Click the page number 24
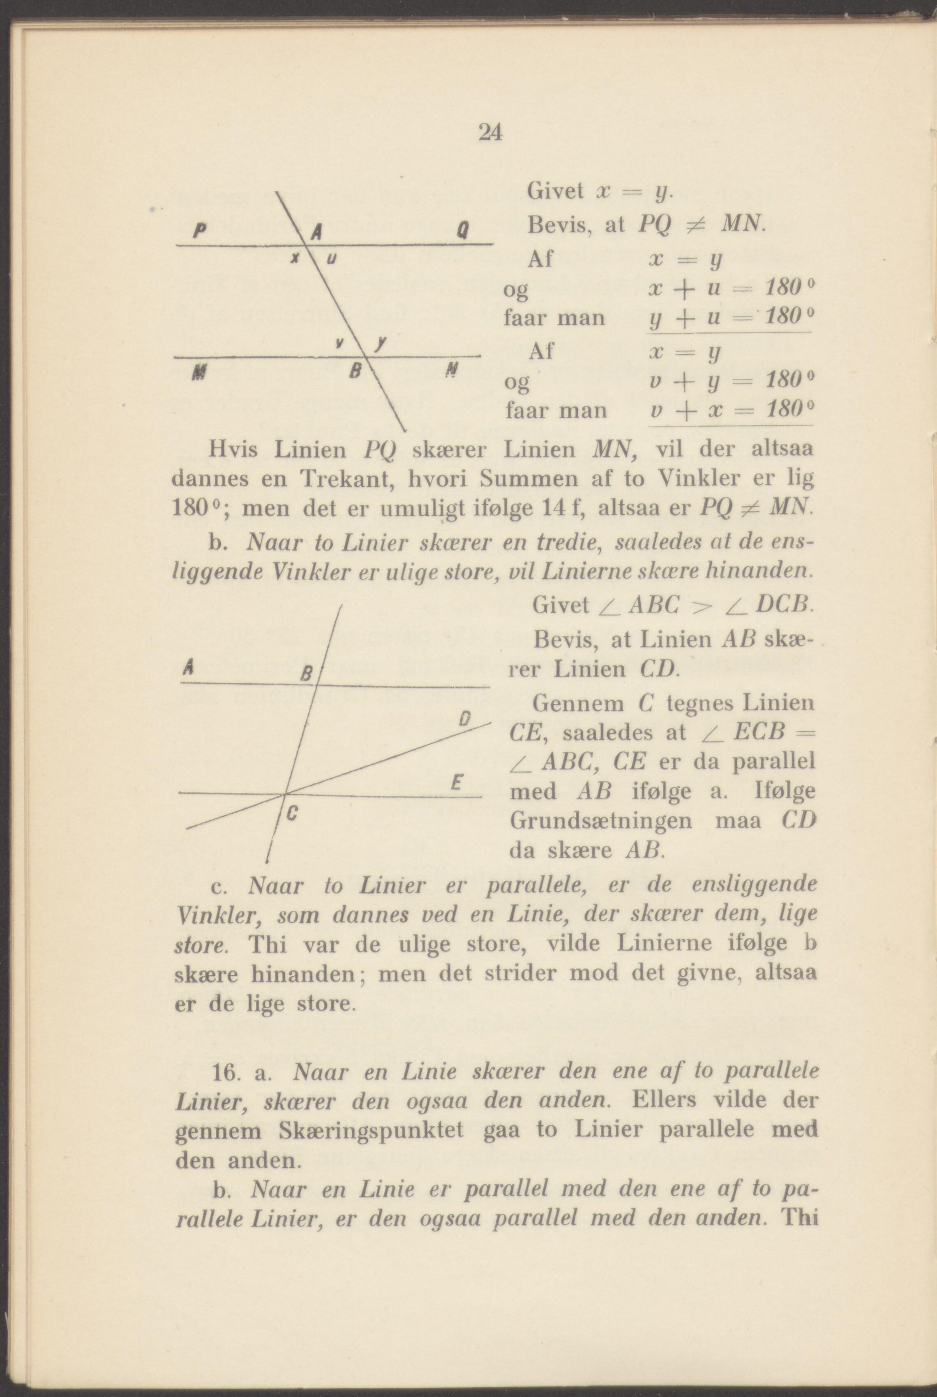click(x=490, y=132)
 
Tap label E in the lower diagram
click(x=455, y=783)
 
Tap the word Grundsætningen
click(x=600, y=820)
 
